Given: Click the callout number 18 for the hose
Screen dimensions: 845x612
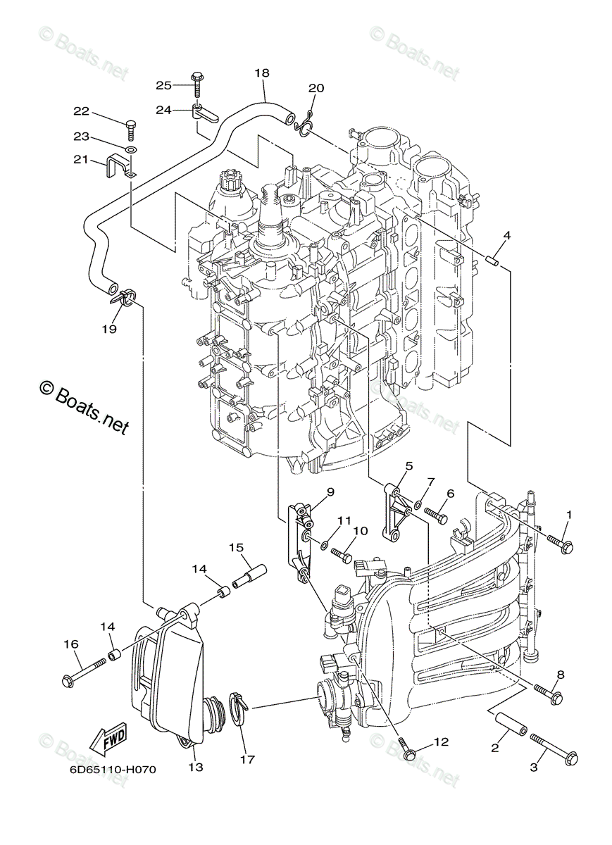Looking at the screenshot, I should click(x=262, y=73).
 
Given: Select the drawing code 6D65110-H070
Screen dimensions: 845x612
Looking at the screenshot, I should click(x=113, y=769).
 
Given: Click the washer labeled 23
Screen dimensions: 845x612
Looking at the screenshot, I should click(x=132, y=151).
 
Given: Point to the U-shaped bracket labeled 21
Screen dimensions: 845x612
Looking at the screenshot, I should click(x=121, y=167).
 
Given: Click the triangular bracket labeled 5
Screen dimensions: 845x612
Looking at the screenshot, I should click(x=396, y=511).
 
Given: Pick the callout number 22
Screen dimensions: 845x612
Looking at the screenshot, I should click(x=81, y=111).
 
